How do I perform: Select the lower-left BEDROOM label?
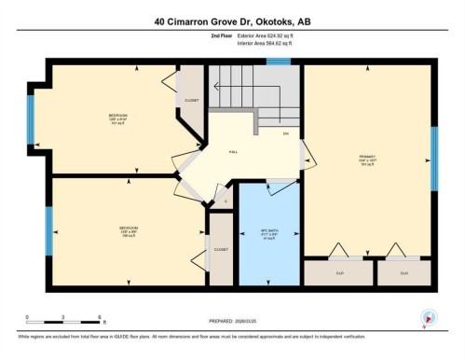point(128,228)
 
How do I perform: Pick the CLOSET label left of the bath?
point(221,249)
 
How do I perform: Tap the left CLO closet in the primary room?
point(336,273)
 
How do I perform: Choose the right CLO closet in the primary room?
point(404,273)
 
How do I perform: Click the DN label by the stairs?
point(285,132)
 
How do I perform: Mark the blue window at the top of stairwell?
point(278,62)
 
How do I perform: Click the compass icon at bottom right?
point(428,318)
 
